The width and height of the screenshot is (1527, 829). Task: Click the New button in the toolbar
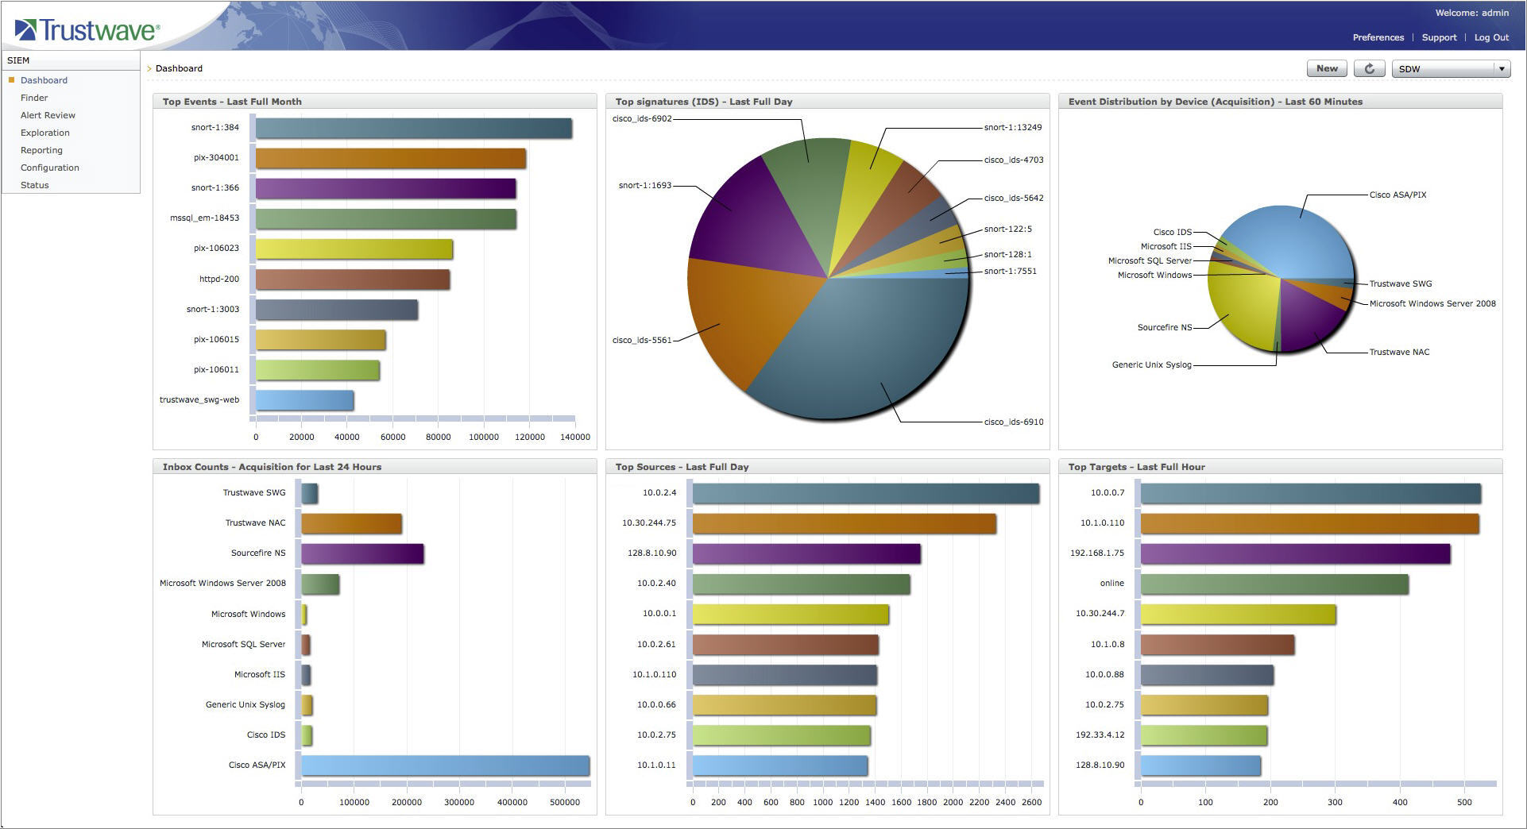point(1326,69)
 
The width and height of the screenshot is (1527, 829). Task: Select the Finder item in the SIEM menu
point(34,98)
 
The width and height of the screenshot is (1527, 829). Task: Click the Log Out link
point(1491,37)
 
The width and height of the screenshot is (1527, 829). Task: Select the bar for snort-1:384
point(413,129)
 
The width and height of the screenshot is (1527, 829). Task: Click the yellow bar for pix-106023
point(354,249)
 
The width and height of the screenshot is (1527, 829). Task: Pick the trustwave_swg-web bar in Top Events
point(304,400)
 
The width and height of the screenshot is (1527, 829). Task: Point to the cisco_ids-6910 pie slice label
point(1014,422)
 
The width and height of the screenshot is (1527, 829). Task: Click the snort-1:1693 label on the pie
point(644,186)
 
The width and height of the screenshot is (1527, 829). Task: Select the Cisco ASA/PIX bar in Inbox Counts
point(445,765)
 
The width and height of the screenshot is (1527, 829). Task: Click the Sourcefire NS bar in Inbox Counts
point(362,553)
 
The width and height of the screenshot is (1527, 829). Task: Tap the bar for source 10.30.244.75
point(844,523)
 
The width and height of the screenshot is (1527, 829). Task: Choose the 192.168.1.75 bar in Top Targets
point(1295,553)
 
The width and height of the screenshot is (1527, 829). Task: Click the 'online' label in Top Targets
point(1111,583)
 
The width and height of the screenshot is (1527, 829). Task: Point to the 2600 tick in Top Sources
point(1031,802)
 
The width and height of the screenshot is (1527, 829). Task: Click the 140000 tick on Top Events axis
point(575,437)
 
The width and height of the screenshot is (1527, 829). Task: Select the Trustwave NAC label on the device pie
point(1399,352)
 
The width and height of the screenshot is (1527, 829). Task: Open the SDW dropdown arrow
point(1502,69)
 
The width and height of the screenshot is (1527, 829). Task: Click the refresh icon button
point(1369,69)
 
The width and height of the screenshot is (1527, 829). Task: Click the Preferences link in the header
point(1378,37)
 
